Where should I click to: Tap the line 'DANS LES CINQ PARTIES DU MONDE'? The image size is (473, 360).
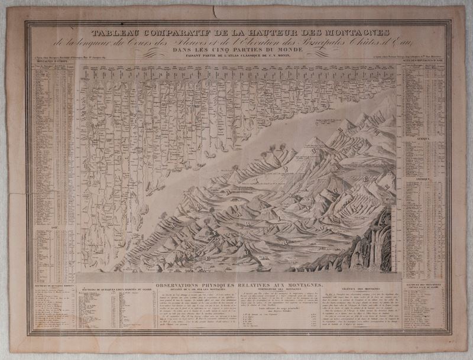237,50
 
